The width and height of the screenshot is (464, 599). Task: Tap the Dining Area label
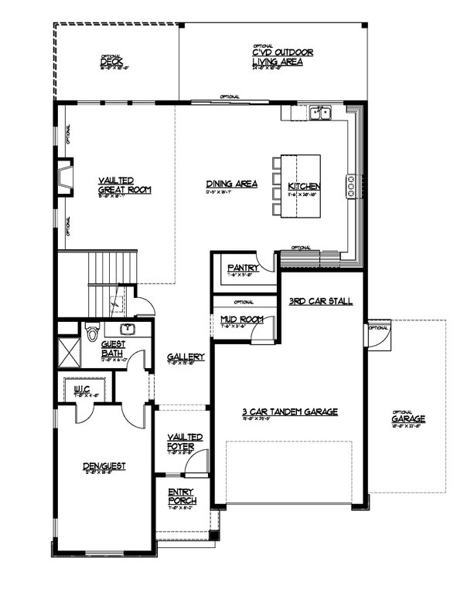[x=231, y=184]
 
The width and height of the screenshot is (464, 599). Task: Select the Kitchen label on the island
[x=303, y=187]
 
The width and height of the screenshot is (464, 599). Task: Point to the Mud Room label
[x=242, y=319]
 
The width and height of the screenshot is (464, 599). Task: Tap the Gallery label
[x=186, y=357]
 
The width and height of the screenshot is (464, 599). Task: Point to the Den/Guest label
[x=104, y=465]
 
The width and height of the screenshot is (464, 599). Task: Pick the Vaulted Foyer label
[x=186, y=442]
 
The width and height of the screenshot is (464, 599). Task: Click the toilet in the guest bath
[x=92, y=332]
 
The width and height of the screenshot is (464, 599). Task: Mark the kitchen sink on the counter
[x=319, y=114]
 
